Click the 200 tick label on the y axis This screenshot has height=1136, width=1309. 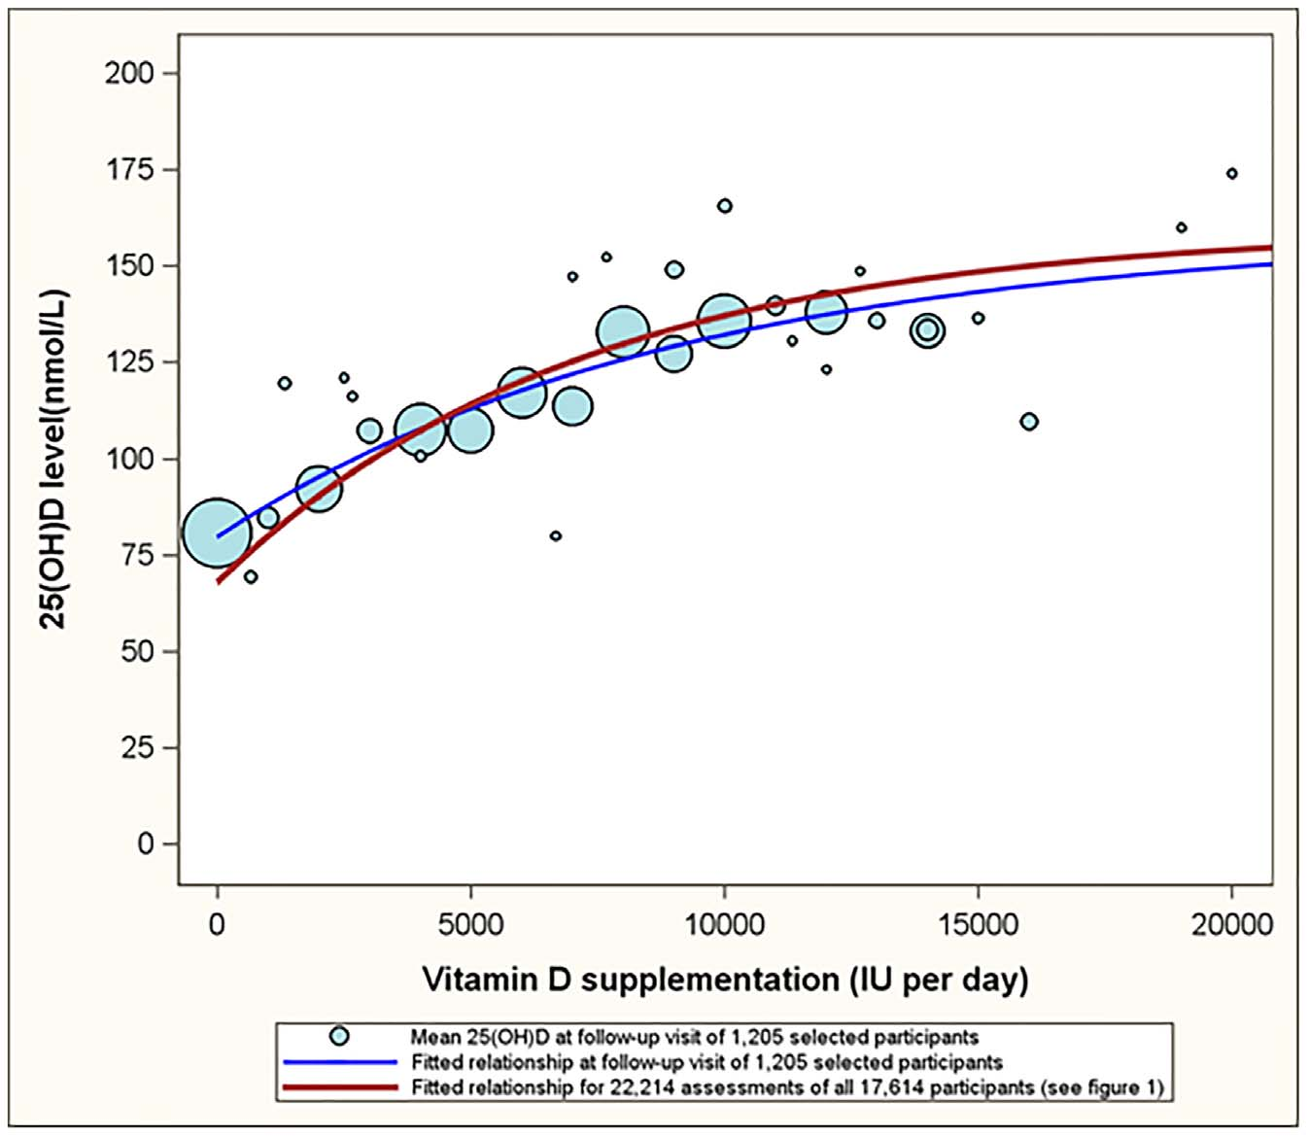pyautogui.click(x=128, y=73)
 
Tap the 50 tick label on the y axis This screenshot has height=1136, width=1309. pyautogui.click(x=137, y=651)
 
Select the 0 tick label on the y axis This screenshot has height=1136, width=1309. pyautogui.click(x=145, y=843)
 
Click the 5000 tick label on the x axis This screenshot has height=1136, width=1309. pyautogui.click(x=470, y=924)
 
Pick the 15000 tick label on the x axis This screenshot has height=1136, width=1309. pyautogui.click(x=977, y=924)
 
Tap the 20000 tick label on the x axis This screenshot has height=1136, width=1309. pyautogui.click(x=1231, y=924)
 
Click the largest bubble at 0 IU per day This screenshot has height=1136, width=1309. pyautogui.click(x=218, y=533)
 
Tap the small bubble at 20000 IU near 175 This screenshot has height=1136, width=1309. pyautogui.click(x=1231, y=174)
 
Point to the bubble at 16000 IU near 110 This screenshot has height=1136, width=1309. pyautogui.click(x=1029, y=422)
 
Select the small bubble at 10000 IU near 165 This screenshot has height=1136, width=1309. pyautogui.click(x=725, y=206)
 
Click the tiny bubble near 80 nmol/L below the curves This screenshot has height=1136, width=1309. pyautogui.click(x=555, y=535)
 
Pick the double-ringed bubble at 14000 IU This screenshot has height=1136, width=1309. pyautogui.click(x=928, y=330)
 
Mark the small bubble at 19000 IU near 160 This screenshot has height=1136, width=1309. pyautogui.click(x=1182, y=228)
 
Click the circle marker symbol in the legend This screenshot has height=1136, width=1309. pyautogui.click(x=339, y=1036)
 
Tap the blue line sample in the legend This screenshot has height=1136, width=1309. pyautogui.click(x=339, y=1062)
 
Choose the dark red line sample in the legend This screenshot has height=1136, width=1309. pyautogui.click(x=339, y=1087)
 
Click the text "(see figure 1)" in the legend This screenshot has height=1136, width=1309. pyautogui.click(x=1102, y=1087)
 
